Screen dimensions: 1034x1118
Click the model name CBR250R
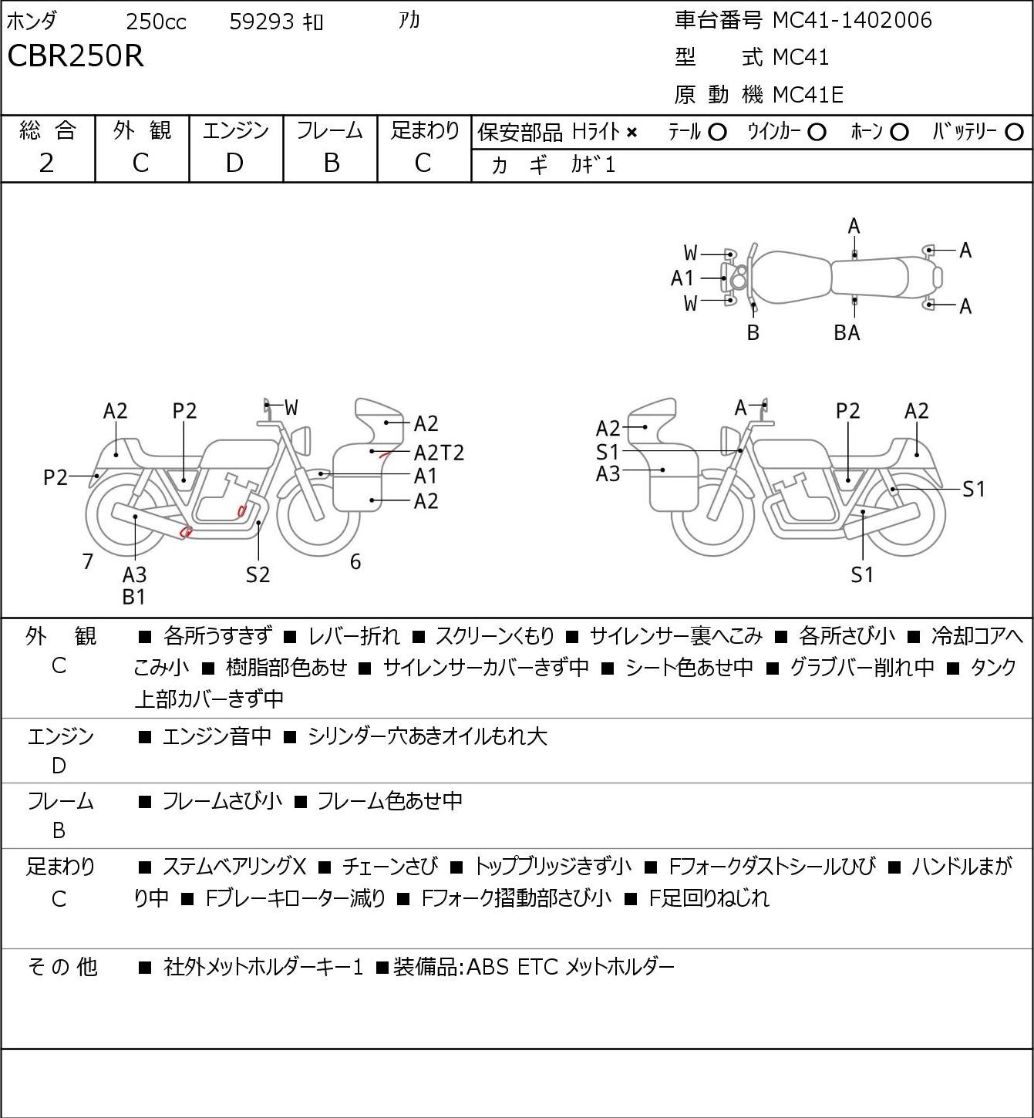(76, 56)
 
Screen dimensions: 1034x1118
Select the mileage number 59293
(261, 22)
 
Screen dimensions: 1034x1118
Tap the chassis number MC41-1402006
(852, 20)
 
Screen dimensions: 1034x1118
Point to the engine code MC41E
(808, 95)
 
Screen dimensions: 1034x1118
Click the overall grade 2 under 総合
(46, 163)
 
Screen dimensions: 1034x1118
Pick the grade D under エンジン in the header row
(234, 163)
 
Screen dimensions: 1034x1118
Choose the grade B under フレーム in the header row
(331, 163)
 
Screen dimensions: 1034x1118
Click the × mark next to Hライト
(632, 133)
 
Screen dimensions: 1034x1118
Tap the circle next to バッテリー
(1014, 133)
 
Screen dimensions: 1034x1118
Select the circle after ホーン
(899, 133)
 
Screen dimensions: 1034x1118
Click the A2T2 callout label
(439, 453)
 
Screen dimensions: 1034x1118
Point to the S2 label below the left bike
(258, 574)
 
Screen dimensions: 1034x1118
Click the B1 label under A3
(134, 597)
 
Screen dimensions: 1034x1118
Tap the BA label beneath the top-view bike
(847, 332)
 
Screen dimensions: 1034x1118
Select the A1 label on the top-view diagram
(682, 278)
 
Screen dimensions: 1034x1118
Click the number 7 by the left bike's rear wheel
(87, 561)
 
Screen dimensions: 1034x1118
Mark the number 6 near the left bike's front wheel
(355, 561)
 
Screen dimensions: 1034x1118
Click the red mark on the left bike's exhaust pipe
(185, 531)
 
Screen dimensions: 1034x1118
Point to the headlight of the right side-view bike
(728, 441)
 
